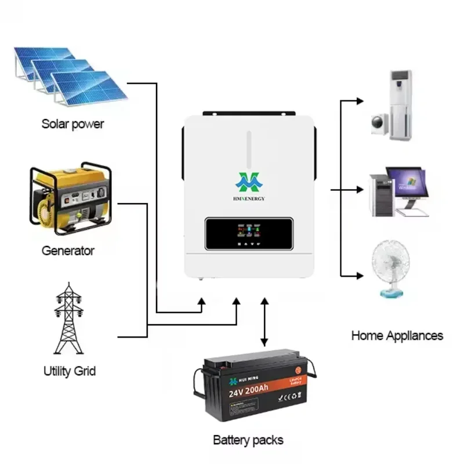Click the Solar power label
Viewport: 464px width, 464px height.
72,124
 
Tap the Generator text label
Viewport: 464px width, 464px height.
68,251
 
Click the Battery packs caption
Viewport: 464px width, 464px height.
248,440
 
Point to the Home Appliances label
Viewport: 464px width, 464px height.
397,335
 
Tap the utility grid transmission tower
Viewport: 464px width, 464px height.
69,319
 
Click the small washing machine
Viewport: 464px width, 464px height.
380,123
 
